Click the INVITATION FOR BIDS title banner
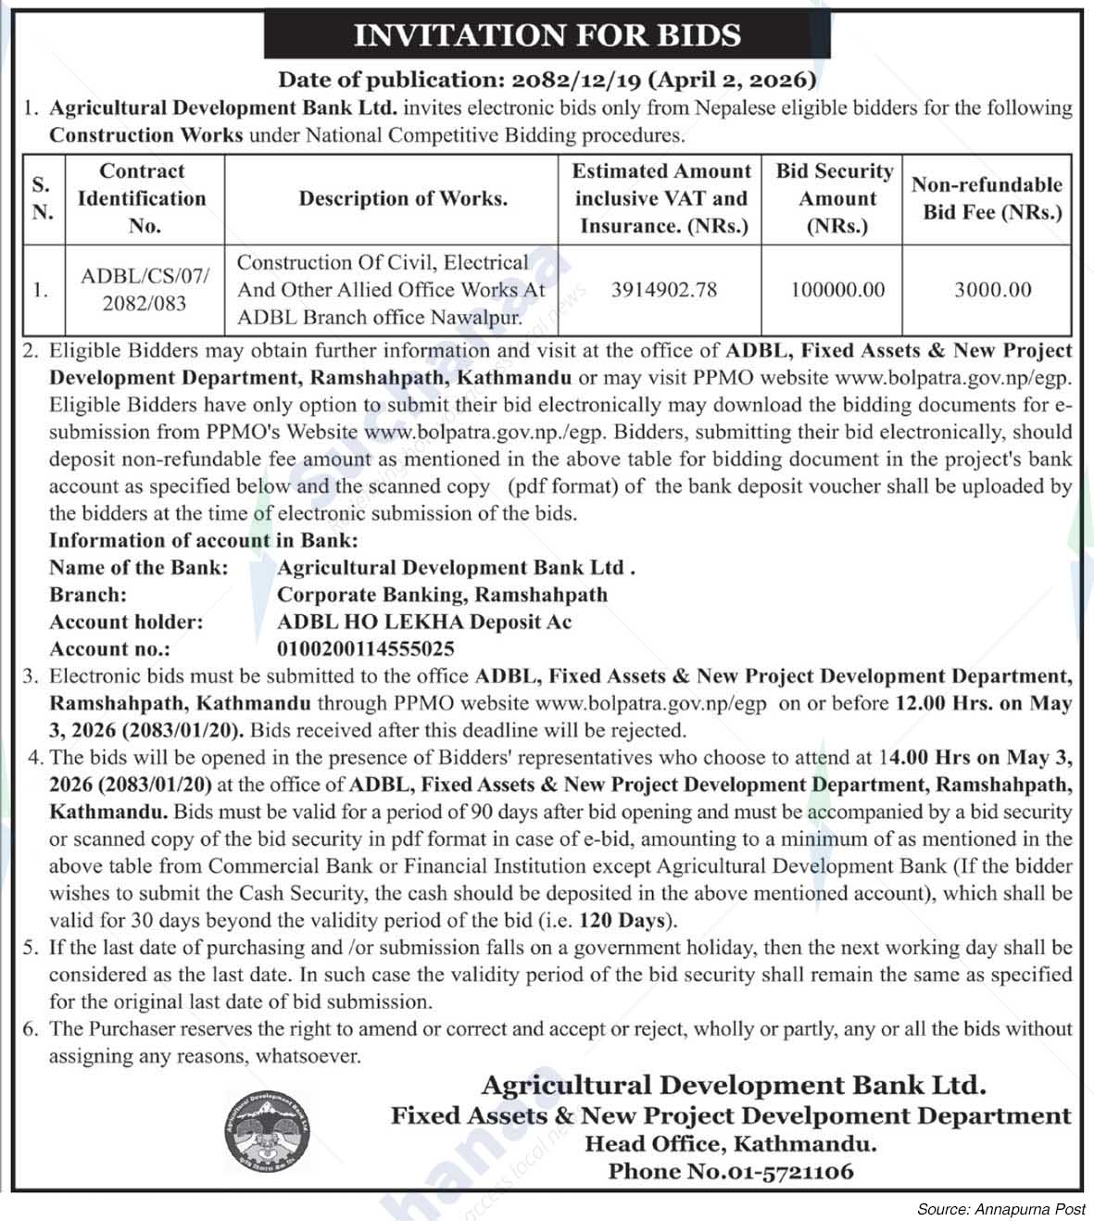pos(547,35)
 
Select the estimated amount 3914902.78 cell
pos(663,290)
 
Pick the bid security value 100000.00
pos(837,290)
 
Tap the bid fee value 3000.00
pos(992,290)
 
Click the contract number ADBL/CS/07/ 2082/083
pos(145,290)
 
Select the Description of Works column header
pos(403,198)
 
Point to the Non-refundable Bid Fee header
pos(987,198)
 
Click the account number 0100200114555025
pos(366,649)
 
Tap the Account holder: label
pos(125,623)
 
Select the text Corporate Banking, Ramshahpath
pos(442,595)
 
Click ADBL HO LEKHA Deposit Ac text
pos(424,623)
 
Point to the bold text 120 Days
pos(622,921)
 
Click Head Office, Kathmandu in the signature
pos(730,1143)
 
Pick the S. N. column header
pos(43,198)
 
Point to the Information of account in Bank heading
pos(203,540)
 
